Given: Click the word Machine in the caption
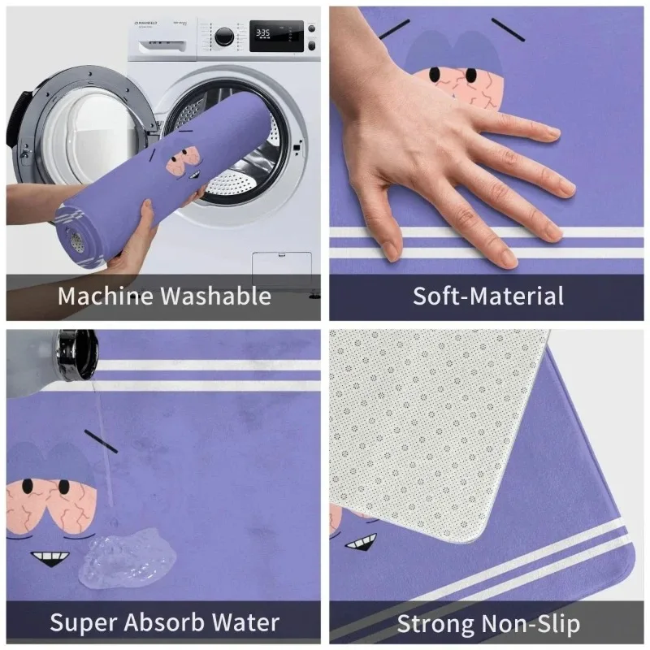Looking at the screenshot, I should (106, 297).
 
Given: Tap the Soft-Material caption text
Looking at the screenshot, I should (487, 296).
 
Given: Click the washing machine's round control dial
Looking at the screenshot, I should (223, 36).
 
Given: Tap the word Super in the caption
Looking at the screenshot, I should (80, 623).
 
